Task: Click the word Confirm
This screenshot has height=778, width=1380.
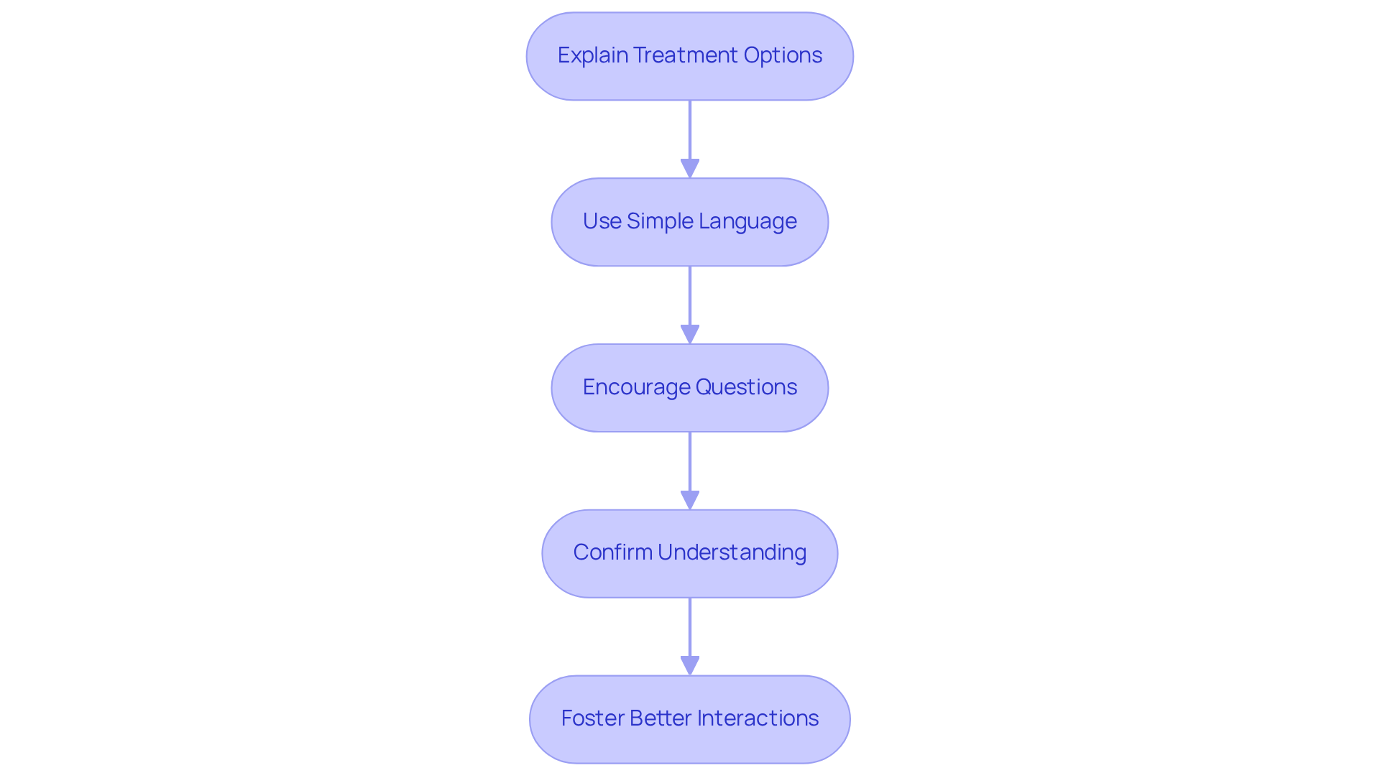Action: pos(612,552)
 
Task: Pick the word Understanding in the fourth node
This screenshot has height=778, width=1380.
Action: pos(732,552)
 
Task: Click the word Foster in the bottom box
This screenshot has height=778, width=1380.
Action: pos(592,718)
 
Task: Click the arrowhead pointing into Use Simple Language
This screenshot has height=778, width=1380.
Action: pos(690,169)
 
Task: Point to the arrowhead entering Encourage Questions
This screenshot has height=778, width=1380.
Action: pos(690,335)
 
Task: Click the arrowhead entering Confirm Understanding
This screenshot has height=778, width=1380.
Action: pos(690,501)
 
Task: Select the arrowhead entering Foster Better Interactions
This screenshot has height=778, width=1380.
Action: pos(690,666)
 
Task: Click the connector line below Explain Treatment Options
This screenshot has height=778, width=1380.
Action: pos(690,129)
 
